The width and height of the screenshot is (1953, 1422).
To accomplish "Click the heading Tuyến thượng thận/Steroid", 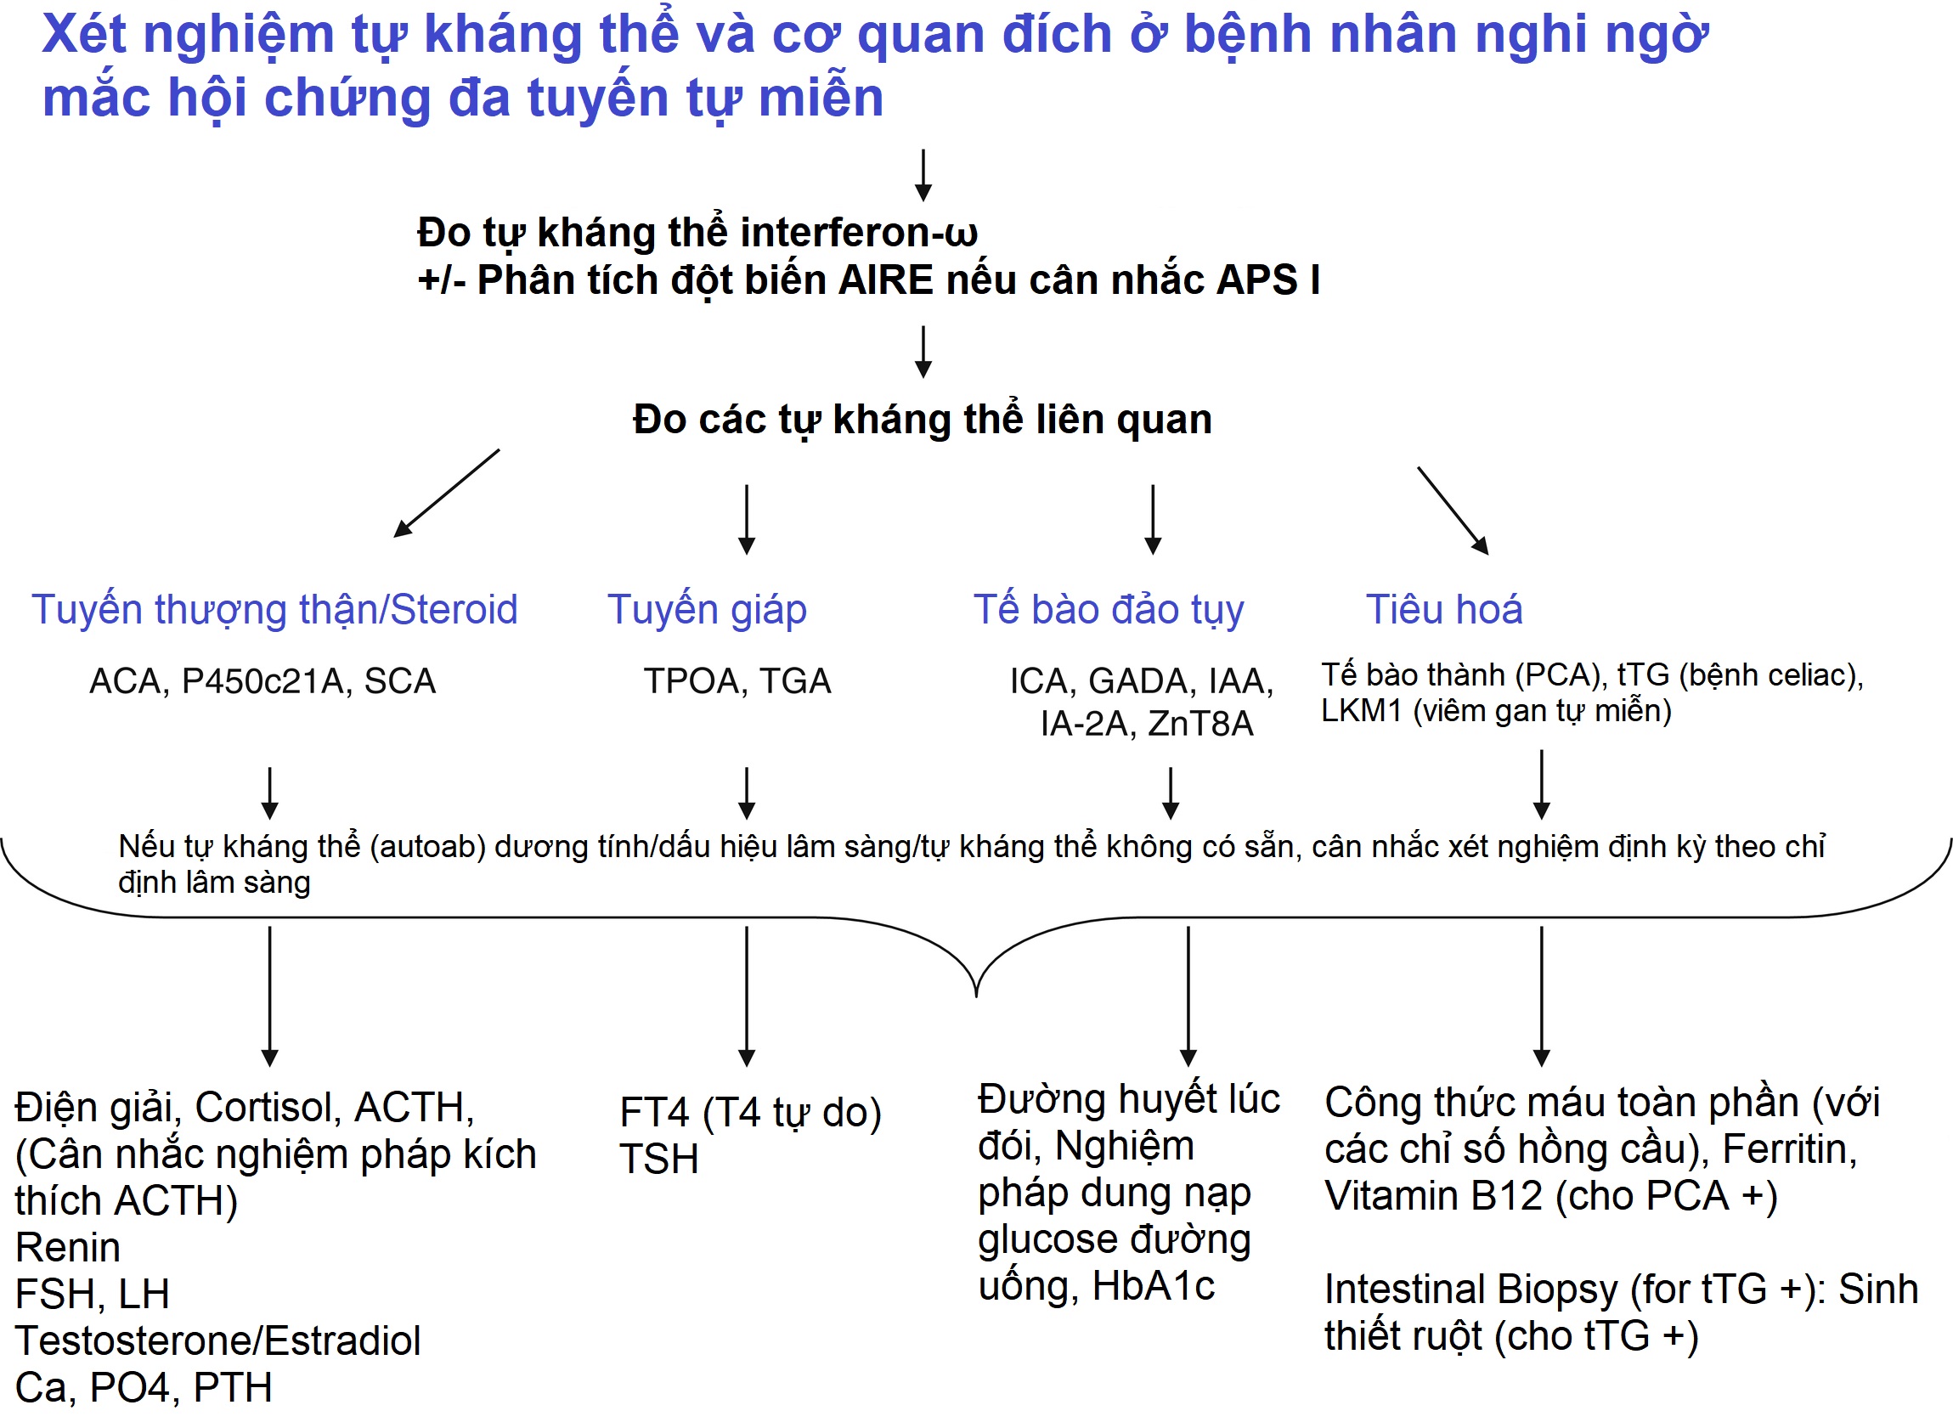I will [274, 610].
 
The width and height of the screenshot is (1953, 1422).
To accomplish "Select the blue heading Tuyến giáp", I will [707, 610].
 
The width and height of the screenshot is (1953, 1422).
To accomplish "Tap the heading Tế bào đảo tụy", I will [1109, 610].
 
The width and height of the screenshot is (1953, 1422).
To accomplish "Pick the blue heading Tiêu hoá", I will [1444, 610].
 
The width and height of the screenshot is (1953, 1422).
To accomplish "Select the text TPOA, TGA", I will [737, 681].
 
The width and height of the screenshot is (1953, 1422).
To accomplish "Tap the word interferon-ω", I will [859, 233].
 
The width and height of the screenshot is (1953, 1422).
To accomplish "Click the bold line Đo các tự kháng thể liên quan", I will [923, 420].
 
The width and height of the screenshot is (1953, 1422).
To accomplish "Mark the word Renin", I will [68, 1247].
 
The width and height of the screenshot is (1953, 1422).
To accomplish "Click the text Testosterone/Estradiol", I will [217, 1341].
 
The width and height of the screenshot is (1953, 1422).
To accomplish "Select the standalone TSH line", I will [658, 1160].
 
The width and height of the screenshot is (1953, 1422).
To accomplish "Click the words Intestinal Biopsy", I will [1470, 1290].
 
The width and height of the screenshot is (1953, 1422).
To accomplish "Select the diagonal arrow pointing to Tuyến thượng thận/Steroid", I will [446, 493].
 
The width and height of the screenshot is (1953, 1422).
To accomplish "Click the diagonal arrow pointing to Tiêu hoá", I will [1453, 510].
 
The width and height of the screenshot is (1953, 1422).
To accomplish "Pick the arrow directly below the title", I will [923, 175].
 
